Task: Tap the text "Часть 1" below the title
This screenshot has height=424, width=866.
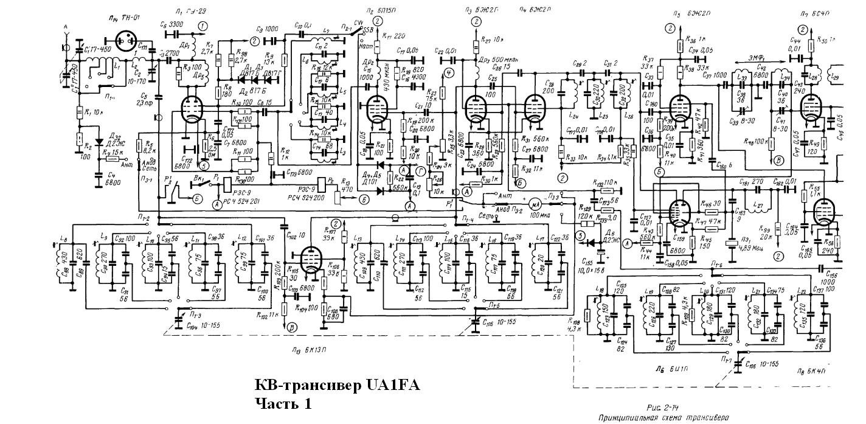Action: click(283, 403)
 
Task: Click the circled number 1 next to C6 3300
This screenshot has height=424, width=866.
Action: click(202, 26)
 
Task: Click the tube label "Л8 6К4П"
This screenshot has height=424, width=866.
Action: click(814, 369)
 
